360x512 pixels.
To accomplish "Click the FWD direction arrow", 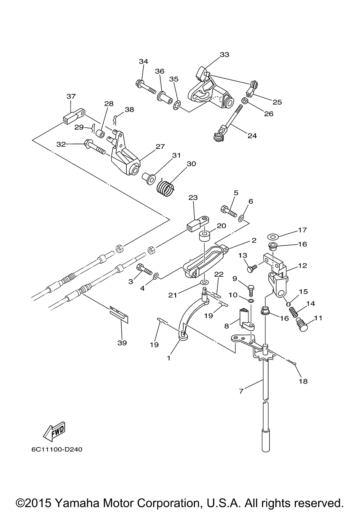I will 54,431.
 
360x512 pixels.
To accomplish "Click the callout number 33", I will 224,55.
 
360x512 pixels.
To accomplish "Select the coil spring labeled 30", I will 166,188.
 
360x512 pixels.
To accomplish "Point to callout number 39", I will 122,343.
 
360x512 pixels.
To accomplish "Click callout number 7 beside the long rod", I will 241,390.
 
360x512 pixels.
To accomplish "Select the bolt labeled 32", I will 94,147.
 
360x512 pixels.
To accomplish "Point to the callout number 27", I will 160,146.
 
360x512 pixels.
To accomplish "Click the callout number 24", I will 252,136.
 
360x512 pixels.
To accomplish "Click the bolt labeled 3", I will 144,269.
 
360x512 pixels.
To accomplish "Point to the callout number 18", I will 303,381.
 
